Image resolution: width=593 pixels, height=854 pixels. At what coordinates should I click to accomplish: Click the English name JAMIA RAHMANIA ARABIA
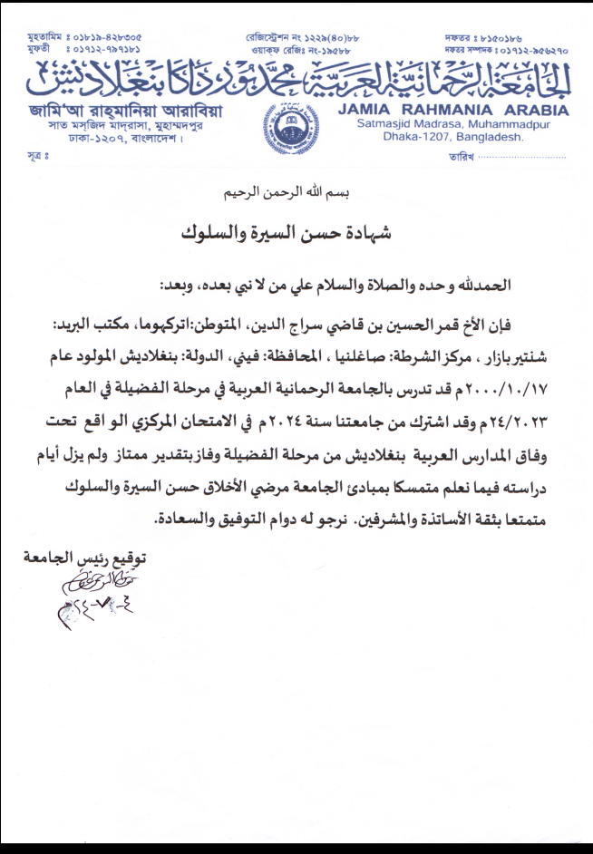pyautogui.click(x=452, y=111)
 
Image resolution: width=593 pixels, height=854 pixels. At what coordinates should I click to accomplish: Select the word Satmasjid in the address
pyautogui.click(x=384, y=124)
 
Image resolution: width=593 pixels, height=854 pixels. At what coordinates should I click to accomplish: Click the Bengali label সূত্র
pyautogui.click(x=37, y=157)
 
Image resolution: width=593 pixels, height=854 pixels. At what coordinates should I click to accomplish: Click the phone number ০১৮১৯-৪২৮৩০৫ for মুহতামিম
pyautogui.click(x=106, y=37)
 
